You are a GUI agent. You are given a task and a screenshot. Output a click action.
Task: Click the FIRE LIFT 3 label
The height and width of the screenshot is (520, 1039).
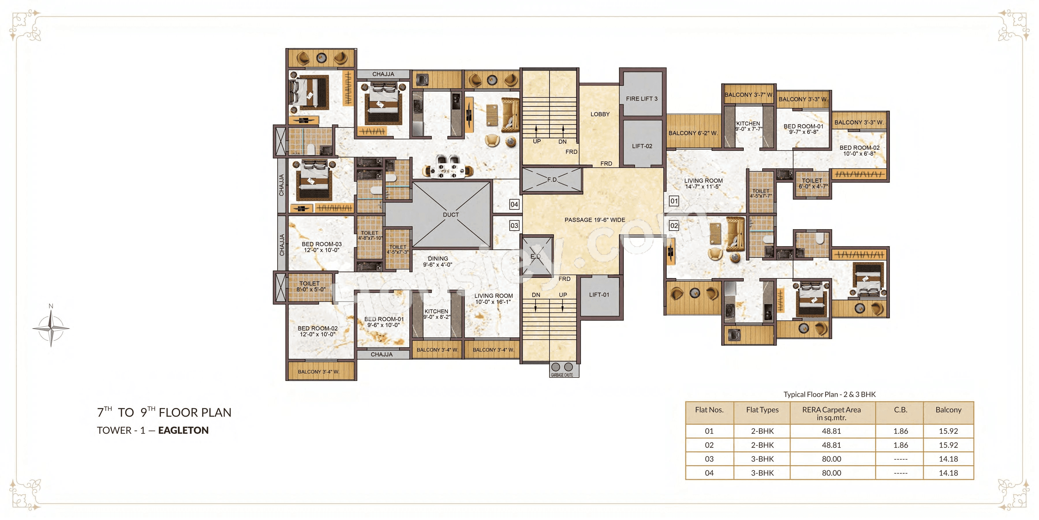641,98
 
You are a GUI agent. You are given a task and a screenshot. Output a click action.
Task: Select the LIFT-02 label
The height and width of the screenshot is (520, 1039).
642,146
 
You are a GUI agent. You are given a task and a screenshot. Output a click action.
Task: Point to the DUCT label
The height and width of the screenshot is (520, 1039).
451,215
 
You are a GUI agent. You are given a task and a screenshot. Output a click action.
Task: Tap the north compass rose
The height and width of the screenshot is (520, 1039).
51,328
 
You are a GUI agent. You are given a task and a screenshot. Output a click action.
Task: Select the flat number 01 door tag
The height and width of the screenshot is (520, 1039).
674,201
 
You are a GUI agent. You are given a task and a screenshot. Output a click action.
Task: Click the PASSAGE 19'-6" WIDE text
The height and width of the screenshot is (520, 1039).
595,220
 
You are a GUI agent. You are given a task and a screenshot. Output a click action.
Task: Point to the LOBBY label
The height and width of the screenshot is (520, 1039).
600,114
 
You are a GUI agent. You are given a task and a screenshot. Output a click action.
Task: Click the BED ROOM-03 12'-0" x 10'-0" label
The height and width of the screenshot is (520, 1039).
322,247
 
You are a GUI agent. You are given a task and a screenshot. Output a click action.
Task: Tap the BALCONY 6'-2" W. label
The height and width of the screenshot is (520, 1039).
693,133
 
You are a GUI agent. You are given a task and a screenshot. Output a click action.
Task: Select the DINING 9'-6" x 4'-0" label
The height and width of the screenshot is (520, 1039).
438,261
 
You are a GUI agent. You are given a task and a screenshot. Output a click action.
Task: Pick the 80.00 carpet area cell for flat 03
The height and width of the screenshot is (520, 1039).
831,459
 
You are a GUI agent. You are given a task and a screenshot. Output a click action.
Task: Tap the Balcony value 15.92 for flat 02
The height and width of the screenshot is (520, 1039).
948,445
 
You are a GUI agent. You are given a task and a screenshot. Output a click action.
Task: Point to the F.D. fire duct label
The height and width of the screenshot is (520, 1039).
552,180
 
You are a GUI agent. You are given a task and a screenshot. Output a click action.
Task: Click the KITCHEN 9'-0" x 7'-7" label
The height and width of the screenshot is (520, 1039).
748,126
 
